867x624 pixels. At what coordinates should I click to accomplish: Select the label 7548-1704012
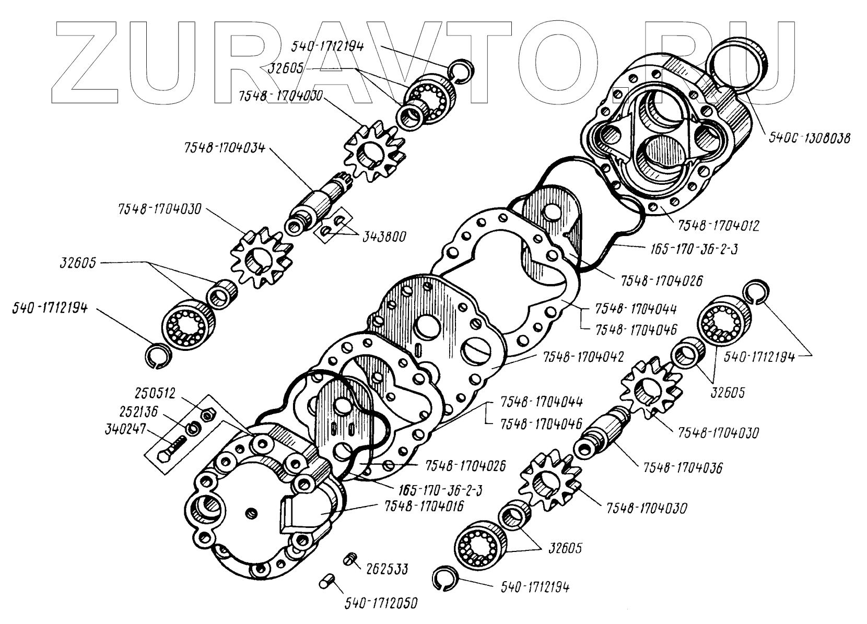718,226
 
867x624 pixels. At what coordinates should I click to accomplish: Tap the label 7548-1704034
224,148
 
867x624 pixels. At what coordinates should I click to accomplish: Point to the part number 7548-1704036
683,468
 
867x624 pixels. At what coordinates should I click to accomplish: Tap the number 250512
155,393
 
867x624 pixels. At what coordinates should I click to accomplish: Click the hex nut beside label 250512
207,414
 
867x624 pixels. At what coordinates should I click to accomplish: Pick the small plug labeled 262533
350,560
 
